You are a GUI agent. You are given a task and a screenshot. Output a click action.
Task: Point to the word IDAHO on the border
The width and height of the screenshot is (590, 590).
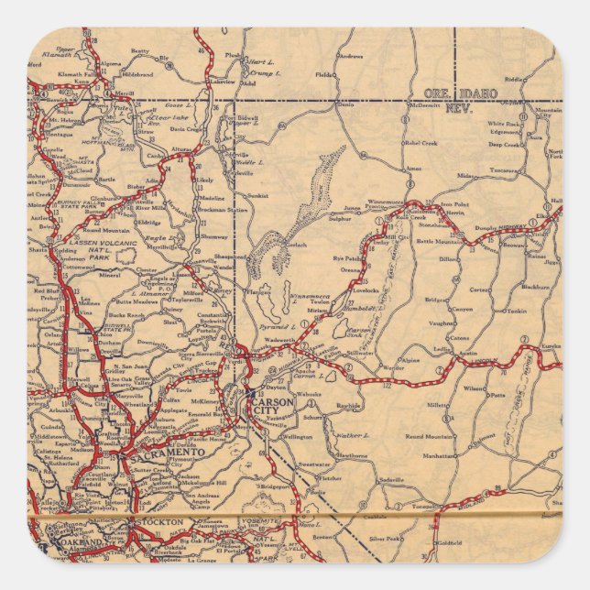[x=479, y=93]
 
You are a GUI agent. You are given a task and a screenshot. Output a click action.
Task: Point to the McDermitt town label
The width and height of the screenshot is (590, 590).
[x=424, y=104]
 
